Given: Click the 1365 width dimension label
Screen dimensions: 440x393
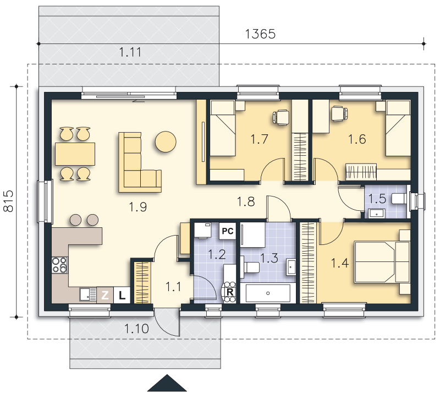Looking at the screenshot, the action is [x=260, y=34].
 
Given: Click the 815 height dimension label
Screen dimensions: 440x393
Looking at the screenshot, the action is [x=8, y=201].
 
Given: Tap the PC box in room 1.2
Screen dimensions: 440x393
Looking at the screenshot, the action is [x=228, y=231].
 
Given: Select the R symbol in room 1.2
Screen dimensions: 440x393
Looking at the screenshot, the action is [x=230, y=292].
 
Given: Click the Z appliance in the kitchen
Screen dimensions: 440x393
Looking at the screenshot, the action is [x=105, y=295].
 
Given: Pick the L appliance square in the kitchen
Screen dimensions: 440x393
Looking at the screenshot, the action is [x=122, y=295].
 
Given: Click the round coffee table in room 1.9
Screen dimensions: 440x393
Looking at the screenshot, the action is [x=166, y=142].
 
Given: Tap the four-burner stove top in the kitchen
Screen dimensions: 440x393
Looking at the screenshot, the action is [x=60, y=265].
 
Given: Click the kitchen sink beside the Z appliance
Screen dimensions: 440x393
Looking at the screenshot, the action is [x=88, y=294].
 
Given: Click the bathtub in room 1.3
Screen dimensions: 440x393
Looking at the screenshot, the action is [x=268, y=293].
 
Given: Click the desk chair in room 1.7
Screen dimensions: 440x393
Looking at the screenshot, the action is [x=281, y=117].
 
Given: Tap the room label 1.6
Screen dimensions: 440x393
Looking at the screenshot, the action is [x=356, y=139].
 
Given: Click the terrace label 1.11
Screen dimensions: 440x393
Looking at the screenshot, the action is [x=130, y=52].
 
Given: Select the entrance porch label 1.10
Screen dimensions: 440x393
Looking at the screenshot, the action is [x=136, y=329].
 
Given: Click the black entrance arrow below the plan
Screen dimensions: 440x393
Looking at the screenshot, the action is [x=167, y=383].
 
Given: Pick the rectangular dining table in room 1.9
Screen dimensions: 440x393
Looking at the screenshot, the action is [x=75, y=154].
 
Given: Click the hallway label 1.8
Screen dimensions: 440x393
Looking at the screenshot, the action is [x=246, y=201].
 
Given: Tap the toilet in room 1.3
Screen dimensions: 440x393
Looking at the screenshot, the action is [x=251, y=268].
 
